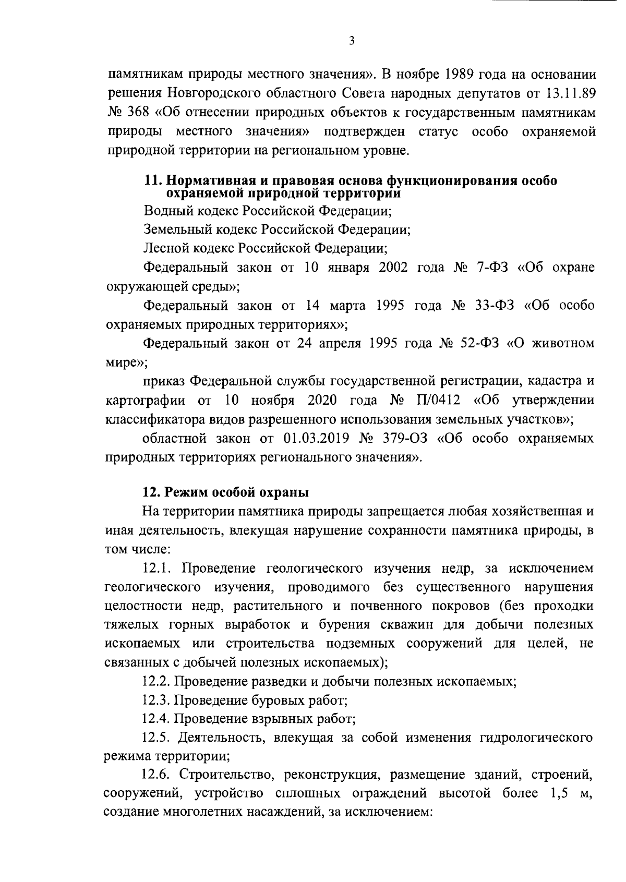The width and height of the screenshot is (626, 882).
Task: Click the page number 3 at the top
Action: point(352,41)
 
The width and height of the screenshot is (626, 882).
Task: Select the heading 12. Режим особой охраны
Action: point(226,492)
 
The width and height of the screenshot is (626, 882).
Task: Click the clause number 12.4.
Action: point(158,719)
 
